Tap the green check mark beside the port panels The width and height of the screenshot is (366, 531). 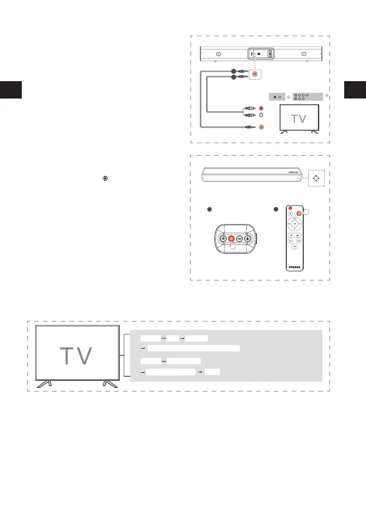point(288,97)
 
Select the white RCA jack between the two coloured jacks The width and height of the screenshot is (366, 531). point(261,115)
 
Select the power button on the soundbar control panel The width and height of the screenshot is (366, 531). point(224,239)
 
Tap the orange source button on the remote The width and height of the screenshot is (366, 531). point(299,213)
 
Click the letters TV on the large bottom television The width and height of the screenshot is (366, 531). point(76,355)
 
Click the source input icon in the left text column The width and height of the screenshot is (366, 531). point(105,178)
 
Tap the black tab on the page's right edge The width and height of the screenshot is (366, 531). point(355,90)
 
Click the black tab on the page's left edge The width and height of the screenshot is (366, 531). point(10,90)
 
